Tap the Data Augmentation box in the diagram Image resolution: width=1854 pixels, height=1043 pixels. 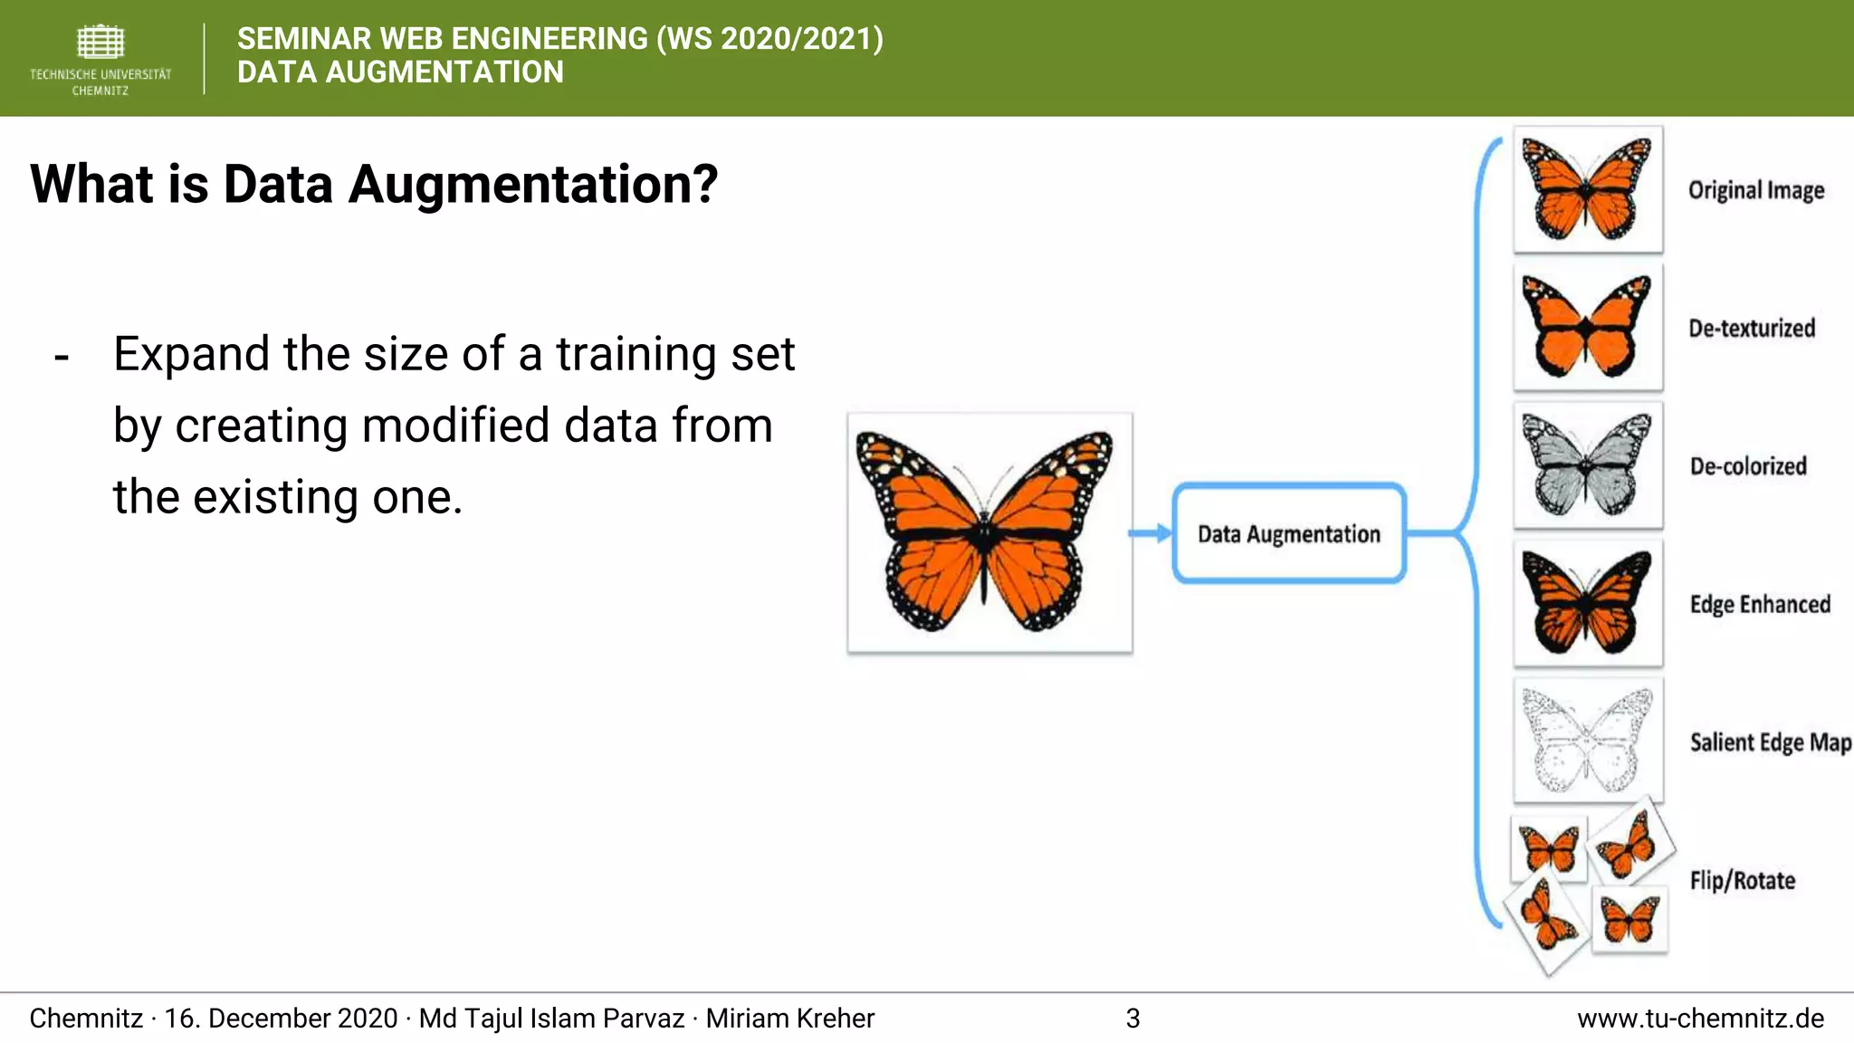tap(1288, 534)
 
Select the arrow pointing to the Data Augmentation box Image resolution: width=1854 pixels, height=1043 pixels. tap(1151, 533)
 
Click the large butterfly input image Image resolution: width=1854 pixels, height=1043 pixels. tap(989, 533)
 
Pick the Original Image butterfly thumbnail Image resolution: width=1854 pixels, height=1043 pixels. tap(1588, 190)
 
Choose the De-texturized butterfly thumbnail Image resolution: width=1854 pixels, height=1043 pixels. tap(1588, 328)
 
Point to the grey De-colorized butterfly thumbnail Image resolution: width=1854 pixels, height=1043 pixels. tap(1588, 465)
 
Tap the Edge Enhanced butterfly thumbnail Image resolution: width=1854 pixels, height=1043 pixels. tap(1588, 604)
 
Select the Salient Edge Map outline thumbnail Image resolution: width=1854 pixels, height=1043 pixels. tap(1588, 741)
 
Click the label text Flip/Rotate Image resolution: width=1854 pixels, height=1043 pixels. tap(1742, 880)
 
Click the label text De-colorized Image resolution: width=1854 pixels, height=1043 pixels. tap(1748, 466)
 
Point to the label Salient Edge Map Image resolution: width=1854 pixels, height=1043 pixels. tap(1770, 742)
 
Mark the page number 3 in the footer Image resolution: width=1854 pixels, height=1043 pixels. tap(1132, 1019)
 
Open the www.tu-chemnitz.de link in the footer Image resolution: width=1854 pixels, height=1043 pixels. tap(1700, 1019)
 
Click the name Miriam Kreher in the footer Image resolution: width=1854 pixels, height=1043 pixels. tap(789, 1019)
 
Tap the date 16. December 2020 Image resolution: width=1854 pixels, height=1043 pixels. tap(281, 1019)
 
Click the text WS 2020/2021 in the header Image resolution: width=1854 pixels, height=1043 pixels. tap(769, 39)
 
